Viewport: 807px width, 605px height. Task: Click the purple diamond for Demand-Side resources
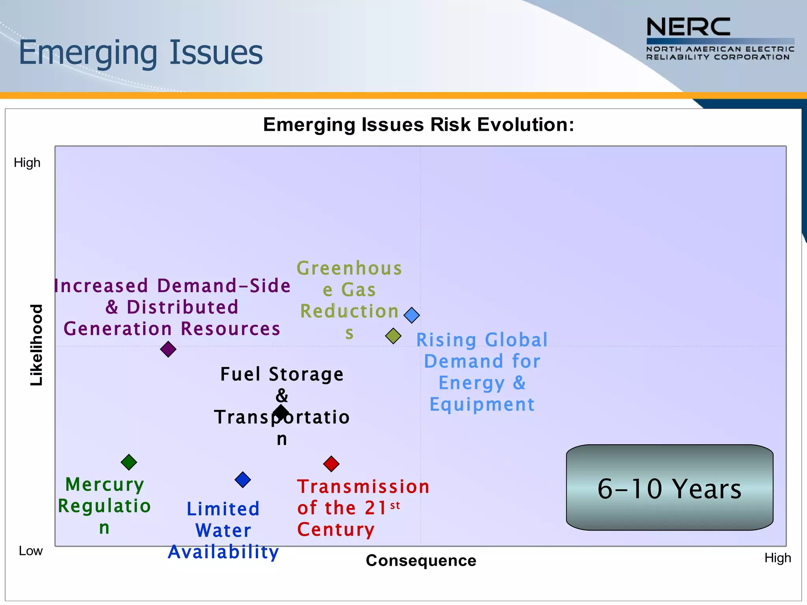[168, 349]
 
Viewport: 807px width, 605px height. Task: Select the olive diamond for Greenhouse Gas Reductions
[393, 336]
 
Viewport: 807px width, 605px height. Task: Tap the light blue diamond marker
[412, 315]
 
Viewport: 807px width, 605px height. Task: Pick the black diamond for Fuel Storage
[281, 412]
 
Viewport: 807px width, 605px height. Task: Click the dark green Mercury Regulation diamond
[129, 462]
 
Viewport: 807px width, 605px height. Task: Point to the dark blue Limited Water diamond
[243, 480]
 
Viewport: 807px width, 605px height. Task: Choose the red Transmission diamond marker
[331, 464]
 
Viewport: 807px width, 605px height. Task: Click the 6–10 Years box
[669, 488]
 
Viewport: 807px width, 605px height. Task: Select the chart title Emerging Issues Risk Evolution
[418, 125]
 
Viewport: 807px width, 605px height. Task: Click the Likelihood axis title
[37, 345]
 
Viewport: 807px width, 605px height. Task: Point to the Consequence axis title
[421, 560]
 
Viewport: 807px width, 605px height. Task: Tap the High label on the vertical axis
[27, 163]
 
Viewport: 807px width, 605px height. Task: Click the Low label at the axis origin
[31, 551]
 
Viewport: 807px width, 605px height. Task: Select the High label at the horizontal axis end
[777, 558]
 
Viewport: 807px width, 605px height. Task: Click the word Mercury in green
[105, 484]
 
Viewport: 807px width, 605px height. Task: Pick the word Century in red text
[336, 529]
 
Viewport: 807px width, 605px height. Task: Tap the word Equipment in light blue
[482, 405]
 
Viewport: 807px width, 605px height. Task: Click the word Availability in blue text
[223, 552]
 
